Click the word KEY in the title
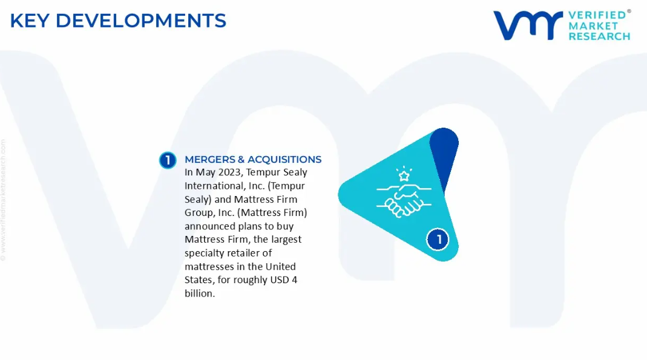30,21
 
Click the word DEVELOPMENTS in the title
141,21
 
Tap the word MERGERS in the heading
209,160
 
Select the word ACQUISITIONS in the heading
284,160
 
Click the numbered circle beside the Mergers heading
168,160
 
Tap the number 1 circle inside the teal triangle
438,239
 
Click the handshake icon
404,200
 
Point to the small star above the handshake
404,175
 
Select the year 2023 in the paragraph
230,172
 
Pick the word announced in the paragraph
209,226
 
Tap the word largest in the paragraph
286,239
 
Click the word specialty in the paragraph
204,253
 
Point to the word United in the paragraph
281,266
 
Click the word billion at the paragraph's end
200,293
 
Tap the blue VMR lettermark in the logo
528,25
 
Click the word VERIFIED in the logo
597,15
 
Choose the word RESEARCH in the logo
600,36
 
